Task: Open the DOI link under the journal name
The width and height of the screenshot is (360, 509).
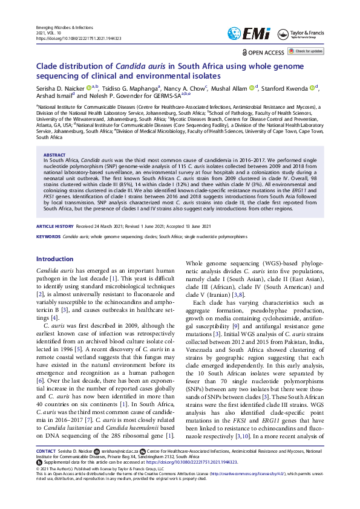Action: [x=79, y=38]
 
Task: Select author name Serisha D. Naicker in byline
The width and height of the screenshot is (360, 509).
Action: [x=59, y=87]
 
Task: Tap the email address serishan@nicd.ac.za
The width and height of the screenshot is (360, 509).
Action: [x=120, y=451]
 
